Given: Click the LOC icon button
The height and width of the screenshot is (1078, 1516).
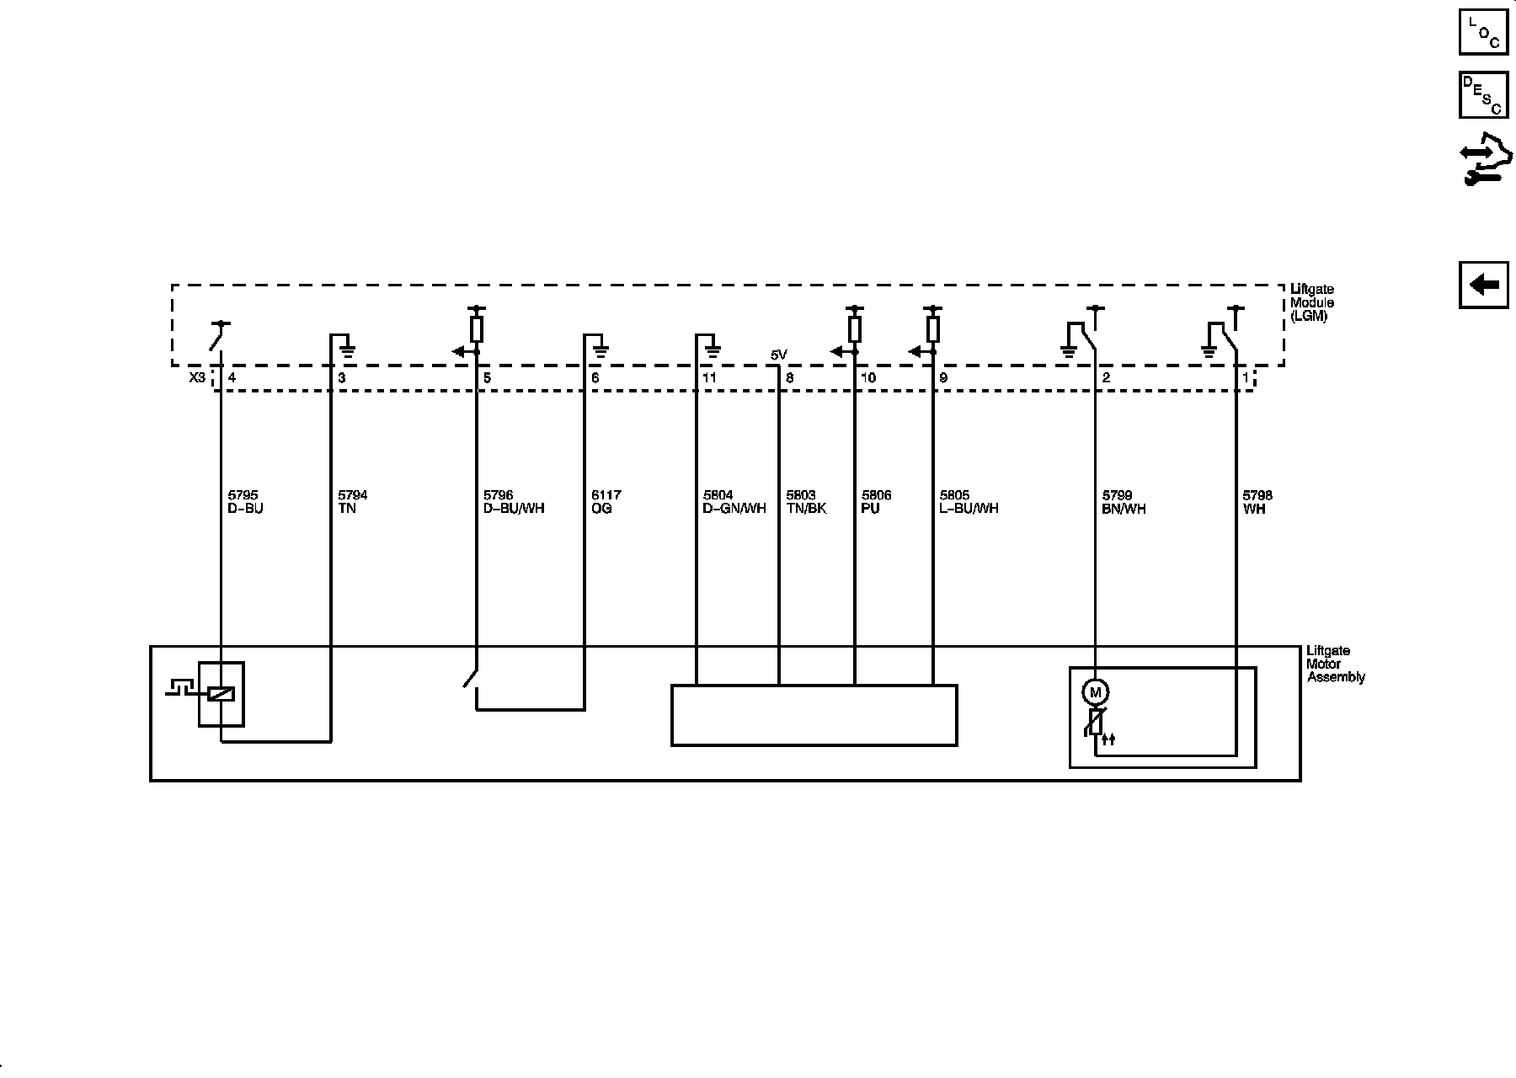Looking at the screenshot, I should click(1483, 31).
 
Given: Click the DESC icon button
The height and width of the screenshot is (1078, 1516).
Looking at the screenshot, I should click(1483, 94).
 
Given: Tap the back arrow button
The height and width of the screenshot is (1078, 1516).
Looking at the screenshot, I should click(1483, 286).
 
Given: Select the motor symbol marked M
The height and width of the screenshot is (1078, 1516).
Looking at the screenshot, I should click(1095, 692).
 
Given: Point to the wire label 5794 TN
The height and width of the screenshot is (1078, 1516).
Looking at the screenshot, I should click(352, 502).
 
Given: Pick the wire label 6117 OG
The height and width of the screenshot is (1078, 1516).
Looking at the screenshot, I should click(606, 502).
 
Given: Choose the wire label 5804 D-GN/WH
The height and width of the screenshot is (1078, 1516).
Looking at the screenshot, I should click(734, 502).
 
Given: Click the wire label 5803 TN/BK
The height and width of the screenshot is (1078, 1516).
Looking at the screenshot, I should click(806, 502).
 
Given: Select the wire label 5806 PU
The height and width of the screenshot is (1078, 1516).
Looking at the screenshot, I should click(876, 502).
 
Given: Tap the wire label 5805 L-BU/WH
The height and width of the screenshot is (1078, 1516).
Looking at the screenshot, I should click(969, 502).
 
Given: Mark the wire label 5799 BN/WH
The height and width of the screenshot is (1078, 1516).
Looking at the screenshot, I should click(1124, 502).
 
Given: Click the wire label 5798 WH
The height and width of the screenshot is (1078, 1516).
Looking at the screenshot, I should click(1257, 502).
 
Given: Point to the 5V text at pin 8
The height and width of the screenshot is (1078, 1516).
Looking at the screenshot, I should click(779, 355).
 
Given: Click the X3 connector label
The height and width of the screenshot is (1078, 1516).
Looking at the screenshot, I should click(196, 378).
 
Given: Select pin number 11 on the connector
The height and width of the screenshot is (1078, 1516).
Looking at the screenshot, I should click(709, 378).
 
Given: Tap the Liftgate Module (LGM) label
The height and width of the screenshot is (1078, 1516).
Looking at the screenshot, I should click(1312, 303).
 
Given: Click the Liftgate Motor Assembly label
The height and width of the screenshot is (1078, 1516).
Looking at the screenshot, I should click(1336, 664).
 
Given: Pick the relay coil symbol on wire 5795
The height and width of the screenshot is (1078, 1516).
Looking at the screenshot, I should click(221, 694).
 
